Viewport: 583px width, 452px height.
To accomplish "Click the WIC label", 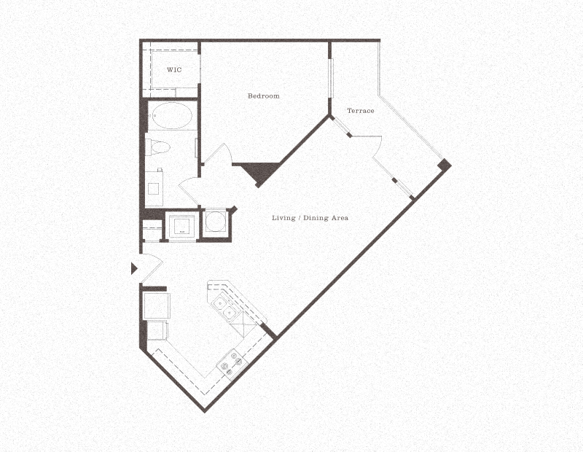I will tap(174, 70).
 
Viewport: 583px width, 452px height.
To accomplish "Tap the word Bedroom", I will tap(263, 96).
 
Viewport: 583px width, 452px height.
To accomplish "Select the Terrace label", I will tap(361, 111).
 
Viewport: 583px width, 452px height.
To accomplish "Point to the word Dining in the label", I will tap(315, 218).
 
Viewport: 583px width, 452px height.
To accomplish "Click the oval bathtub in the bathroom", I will tap(171, 116).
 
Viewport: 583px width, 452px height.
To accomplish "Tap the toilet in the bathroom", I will tap(157, 147).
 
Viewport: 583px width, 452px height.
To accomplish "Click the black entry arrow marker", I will tap(133, 268).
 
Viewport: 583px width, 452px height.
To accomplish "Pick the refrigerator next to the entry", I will tap(156, 304).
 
